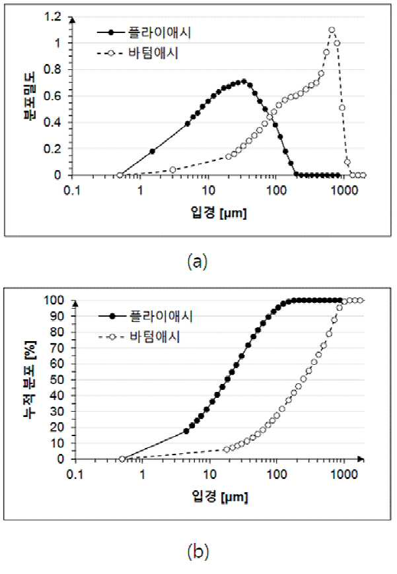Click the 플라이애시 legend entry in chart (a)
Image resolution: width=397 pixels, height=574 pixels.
144,32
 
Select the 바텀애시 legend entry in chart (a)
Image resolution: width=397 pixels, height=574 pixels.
138,53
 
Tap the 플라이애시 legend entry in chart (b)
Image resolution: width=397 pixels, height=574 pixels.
145,316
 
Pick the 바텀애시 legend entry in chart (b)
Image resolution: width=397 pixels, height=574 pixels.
139,336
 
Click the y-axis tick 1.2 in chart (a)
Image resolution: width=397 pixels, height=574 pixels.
52,16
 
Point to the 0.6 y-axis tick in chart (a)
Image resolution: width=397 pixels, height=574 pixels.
52,96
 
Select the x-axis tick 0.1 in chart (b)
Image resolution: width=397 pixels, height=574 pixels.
75,474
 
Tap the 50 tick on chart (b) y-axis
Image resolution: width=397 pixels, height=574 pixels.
56,379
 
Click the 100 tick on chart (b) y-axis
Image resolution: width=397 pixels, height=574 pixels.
54,300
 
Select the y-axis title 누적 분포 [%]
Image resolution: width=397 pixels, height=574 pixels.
30,379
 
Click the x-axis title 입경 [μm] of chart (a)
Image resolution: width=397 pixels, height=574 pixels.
219,212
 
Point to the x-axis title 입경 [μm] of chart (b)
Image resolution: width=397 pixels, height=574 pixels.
220,496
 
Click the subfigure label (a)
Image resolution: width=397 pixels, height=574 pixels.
198,262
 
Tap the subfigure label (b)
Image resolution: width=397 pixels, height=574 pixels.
198,551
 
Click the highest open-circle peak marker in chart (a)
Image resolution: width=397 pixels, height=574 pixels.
332,30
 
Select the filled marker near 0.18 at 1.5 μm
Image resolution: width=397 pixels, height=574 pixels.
152,151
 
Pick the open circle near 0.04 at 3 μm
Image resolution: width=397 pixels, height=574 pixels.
172,170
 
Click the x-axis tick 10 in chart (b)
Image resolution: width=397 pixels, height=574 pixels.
209,474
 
